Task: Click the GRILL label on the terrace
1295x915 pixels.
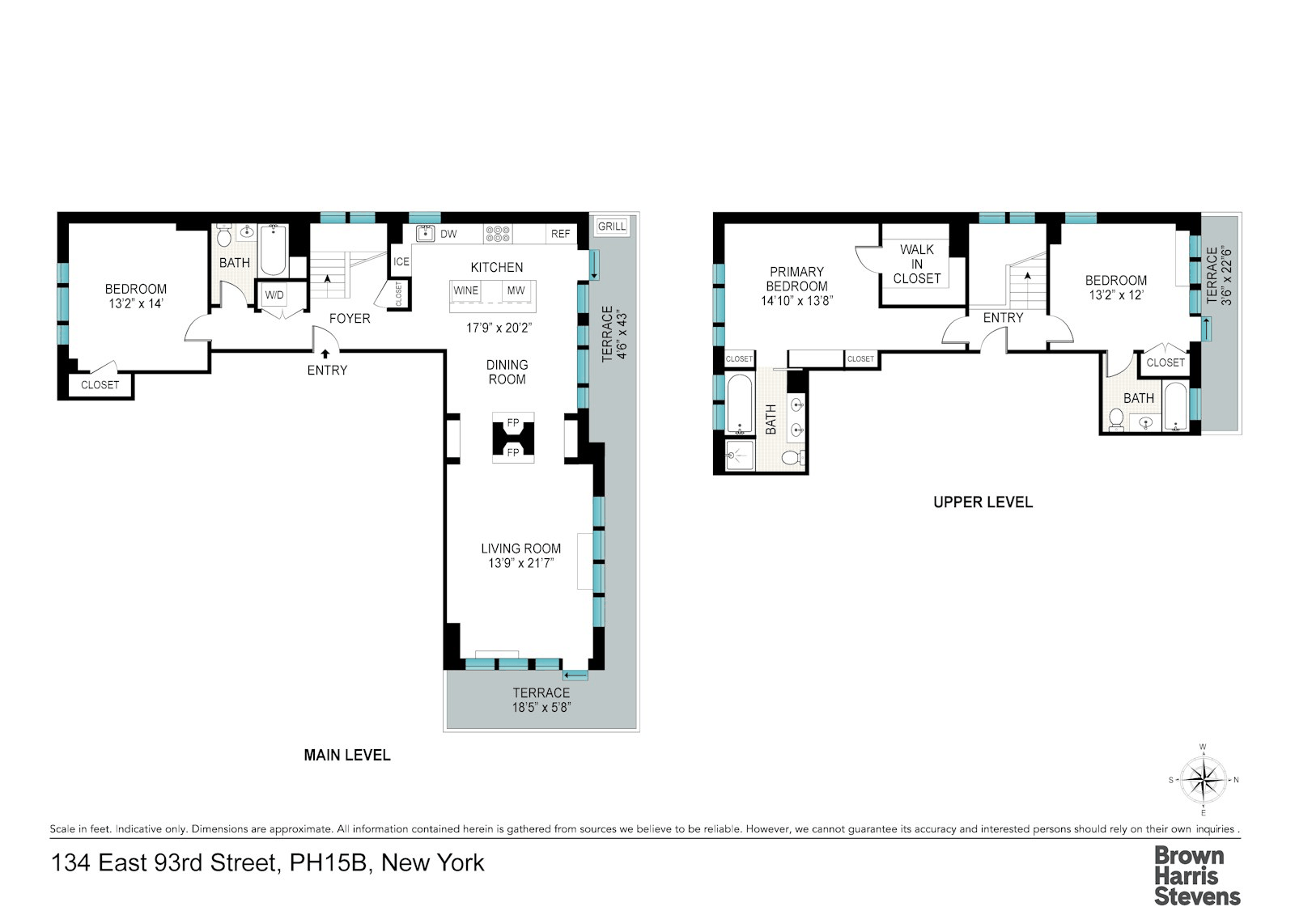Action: [x=612, y=226]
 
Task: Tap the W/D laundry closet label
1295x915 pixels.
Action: [x=274, y=294]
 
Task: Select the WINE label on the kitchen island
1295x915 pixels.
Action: [x=465, y=290]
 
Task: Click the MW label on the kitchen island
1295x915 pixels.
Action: [x=516, y=290]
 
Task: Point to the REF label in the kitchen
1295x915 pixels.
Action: [x=560, y=234]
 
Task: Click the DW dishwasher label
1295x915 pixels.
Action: [x=448, y=234]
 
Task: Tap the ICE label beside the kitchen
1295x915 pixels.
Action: [x=401, y=261]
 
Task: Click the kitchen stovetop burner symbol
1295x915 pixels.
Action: [x=498, y=234]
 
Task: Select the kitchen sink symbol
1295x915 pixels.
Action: [x=426, y=233]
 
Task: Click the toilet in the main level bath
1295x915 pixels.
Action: [x=224, y=235]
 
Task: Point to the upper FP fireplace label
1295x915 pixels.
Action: [x=513, y=422]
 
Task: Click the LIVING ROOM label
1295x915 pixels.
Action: [x=521, y=548]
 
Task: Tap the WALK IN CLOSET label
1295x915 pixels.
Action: [x=917, y=264]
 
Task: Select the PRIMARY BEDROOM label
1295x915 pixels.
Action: [x=796, y=278]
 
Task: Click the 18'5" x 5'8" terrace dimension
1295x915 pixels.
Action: [x=541, y=707]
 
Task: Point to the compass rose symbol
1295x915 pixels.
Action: [x=1203, y=780]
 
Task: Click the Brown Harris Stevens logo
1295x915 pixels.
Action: [x=1197, y=876]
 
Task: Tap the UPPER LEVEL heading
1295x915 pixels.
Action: [x=983, y=502]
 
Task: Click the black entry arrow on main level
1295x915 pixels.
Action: [x=325, y=354]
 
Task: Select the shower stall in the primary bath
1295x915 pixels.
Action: [x=740, y=455]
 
